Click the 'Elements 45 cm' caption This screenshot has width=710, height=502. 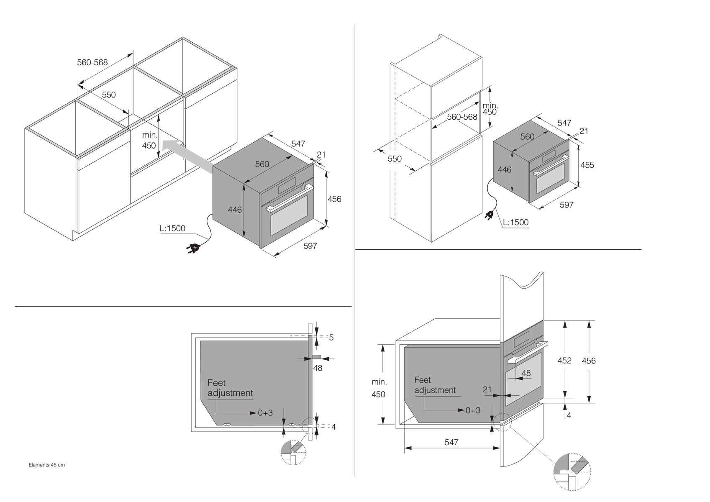pos(46,465)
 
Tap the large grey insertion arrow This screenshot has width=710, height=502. pos(187,156)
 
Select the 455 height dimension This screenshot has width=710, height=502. pos(587,165)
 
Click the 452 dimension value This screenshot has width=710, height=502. pos(564,360)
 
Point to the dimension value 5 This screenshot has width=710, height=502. pos(331,338)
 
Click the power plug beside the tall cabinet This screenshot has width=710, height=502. pos(489,216)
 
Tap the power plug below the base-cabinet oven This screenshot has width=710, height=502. pos(192,248)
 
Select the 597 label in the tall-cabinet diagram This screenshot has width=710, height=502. pos(566,205)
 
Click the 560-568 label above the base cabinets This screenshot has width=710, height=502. pos(92,62)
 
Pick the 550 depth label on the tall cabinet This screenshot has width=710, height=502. pos(394,159)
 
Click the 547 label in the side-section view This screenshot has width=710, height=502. pos(451,442)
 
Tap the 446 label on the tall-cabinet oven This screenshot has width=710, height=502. pos(504,170)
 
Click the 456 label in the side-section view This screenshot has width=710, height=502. pos(589,361)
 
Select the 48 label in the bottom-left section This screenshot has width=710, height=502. pos(318,368)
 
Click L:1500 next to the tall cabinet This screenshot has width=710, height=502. pos(516,222)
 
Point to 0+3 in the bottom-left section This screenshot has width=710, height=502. pos(265,412)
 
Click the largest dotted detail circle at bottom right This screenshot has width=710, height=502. pos(572,472)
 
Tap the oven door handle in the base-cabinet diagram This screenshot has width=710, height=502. pos(290,198)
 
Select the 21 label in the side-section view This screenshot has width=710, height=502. pos(487,389)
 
